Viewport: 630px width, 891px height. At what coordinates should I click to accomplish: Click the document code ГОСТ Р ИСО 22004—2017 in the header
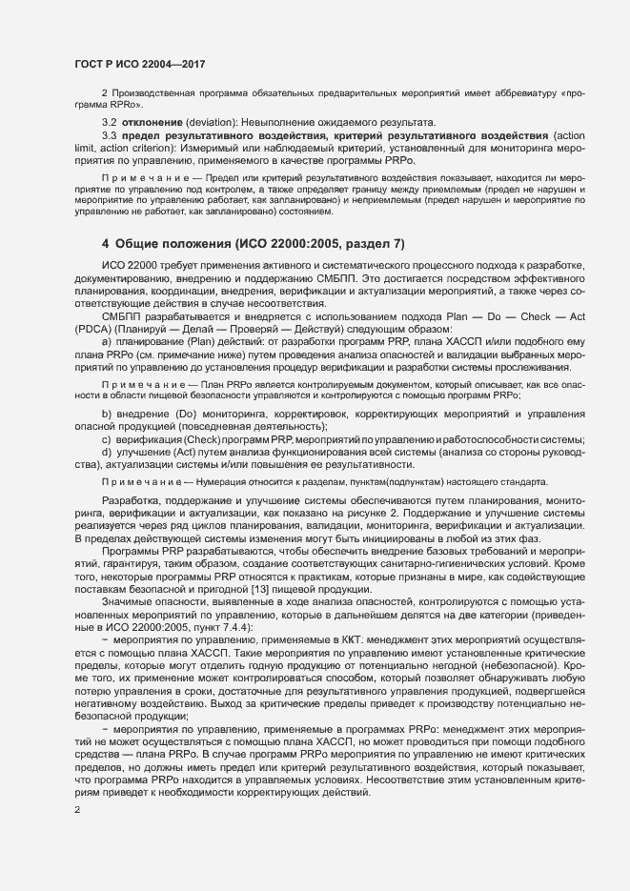[x=140, y=64]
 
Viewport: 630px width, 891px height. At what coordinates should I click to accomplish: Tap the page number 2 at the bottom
[x=77, y=811]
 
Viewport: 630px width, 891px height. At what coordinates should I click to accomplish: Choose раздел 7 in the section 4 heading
[x=376, y=245]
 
